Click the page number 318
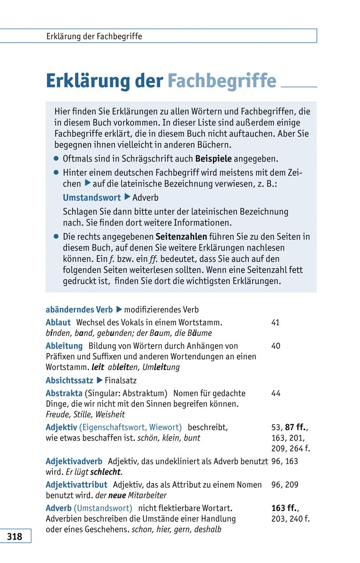pyautogui.click(x=15, y=536)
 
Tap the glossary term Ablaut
pyautogui.click(x=58, y=323)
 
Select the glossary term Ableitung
pyautogui.click(x=64, y=346)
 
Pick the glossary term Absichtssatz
pyautogui.click(x=69, y=380)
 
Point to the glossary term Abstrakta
pyautogui.click(x=64, y=394)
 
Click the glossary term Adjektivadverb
pyautogui.click(x=74, y=462)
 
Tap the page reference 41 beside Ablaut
pyautogui.click(x=276, y=323)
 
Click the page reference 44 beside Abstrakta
pyautogui.click(x=276, y=394)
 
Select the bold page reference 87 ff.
pyautogui.click(x=296, y=427)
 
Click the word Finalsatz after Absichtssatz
pyautogui.click(x=121, y=380)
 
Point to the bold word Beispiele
pyautogui.click(x=213, y=159)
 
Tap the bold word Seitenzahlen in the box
pyautogui.click(x=182, y=237)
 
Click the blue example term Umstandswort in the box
pyautogui.click(x=92, y=198)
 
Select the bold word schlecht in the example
pyautogui.click(x=106, y=472)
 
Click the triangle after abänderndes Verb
pyautogui.click(x=119, y=310)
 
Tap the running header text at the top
pyautogui.click(x=94, y=36)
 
